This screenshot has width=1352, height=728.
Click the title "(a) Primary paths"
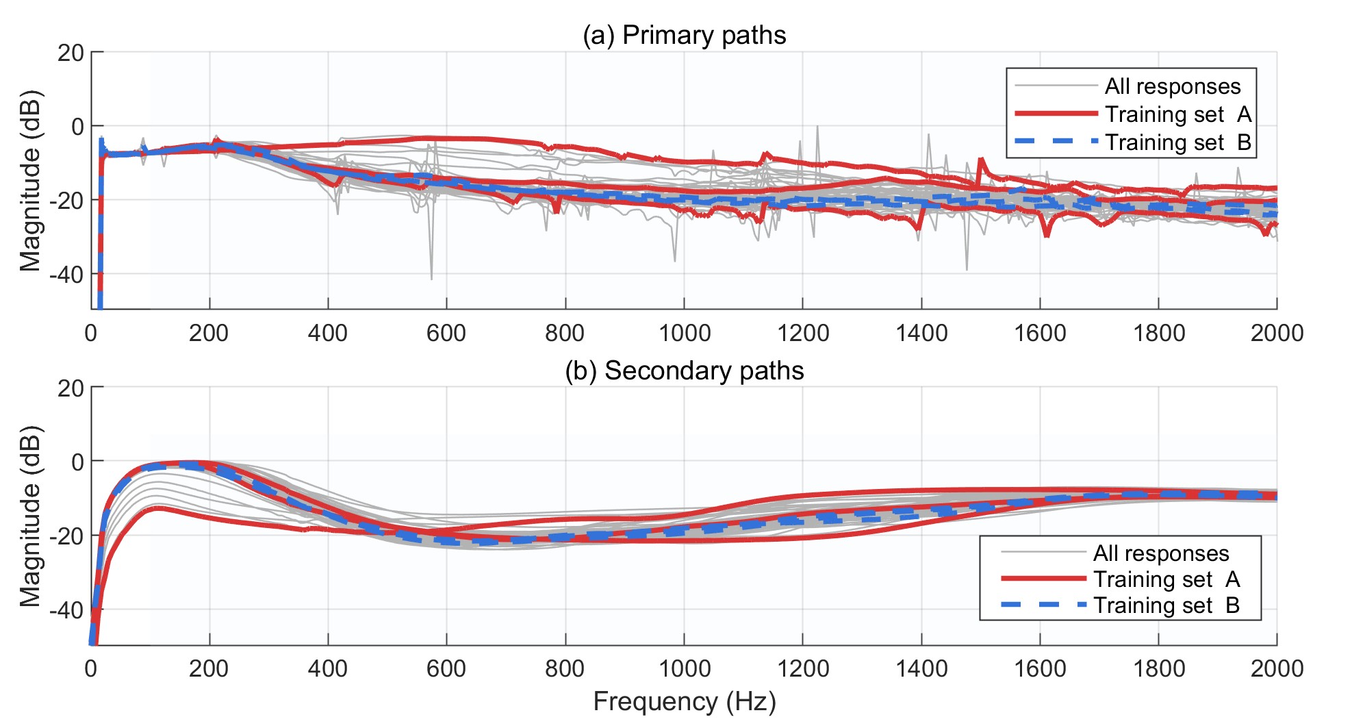coord(684,35)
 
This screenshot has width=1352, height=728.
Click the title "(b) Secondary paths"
coord(684,371)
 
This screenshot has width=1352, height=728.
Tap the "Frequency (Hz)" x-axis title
coord(684,702)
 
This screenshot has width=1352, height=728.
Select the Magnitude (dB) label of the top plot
coord(31,181)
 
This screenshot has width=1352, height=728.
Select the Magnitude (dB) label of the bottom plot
coord(31,516)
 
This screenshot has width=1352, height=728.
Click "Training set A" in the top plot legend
coord(1177,114)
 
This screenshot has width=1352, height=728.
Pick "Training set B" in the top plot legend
coord(1177,142)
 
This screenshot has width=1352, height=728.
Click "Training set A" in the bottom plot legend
coord(1166,579)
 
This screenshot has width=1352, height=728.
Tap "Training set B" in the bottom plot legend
coord(1166,605)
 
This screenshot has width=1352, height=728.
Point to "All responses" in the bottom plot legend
coord(1161,553)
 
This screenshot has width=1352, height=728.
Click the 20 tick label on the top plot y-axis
coord(71,53)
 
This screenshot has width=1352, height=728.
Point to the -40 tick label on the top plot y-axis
coord(66,275)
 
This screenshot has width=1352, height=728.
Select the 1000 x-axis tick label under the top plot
coord(684,334)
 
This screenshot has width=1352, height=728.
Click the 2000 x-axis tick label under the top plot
coord(1277,334)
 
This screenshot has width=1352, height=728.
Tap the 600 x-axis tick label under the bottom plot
coord(446,668)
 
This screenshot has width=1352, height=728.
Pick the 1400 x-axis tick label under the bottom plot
coord(921,668)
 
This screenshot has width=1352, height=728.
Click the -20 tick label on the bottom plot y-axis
coord(66,536)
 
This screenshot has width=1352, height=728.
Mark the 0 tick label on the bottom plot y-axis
coord(77,462)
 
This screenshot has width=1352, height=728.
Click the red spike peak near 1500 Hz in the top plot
coord(981,160)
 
